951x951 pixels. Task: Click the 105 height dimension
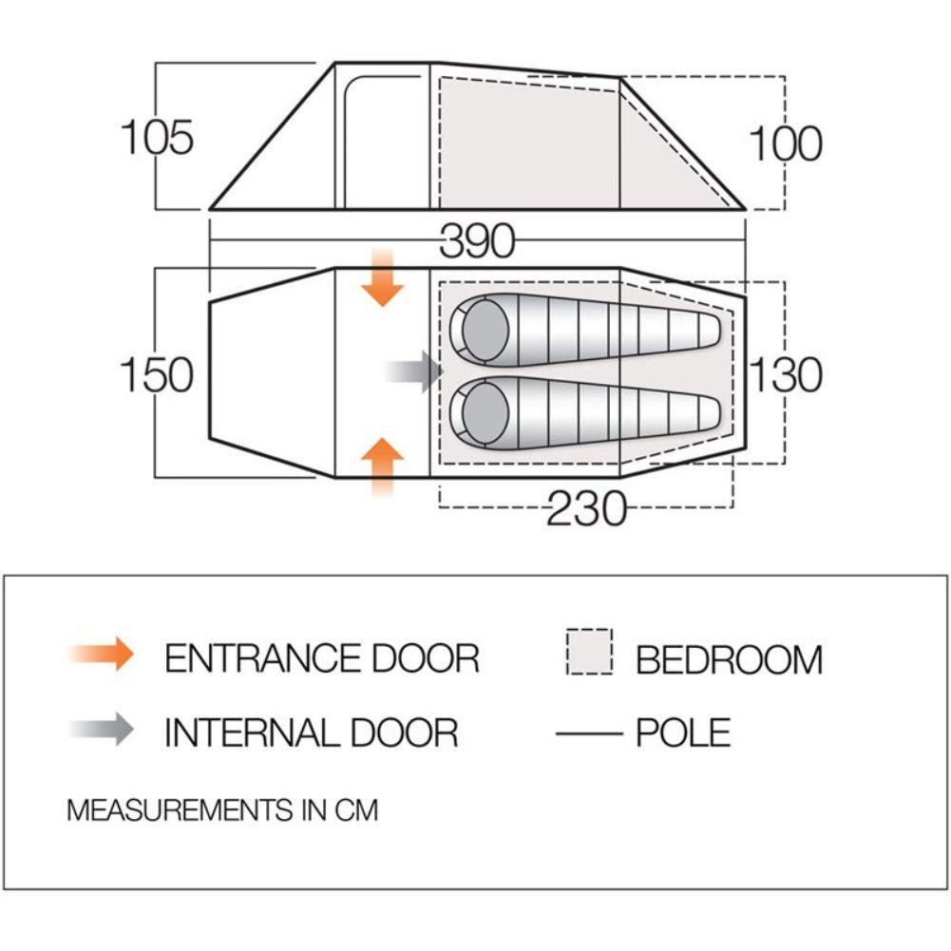pos(157,137)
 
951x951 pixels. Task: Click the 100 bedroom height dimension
pos(786,143)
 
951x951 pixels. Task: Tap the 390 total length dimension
pos(477,241)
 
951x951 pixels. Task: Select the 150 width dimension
pos(157,374)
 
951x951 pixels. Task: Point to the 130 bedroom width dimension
pos(786,374)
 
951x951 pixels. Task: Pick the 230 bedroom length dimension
pos(586,508)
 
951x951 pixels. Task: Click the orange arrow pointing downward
pos(382,277)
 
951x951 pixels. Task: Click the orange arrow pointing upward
pos(382,466)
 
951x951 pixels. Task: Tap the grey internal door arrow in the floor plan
pos(415,371)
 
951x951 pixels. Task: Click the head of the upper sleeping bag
pos(484,331)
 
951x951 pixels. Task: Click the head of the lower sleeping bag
pos(484,412)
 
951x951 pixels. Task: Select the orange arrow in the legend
pos(102,654)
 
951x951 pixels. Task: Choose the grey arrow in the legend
pos(102,729)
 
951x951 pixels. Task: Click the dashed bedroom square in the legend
pos(590,652)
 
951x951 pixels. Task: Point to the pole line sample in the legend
pos(589,733)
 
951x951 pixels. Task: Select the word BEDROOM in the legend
pos(730,659)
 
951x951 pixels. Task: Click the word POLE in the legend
pos(683,732)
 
